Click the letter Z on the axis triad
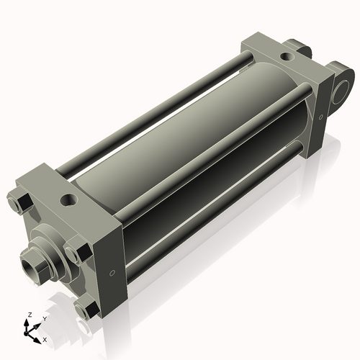tap(30, 315)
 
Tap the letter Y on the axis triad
tap(45, 319)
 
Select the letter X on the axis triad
tap(45, 340)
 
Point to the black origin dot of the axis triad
tap(26, 333)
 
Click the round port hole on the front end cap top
tap(70, 199)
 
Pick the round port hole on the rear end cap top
tap(287, 57)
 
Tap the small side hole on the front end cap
tap(112, 273)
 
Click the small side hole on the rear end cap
tap(321, 117)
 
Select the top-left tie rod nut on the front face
tap(20, 202)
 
